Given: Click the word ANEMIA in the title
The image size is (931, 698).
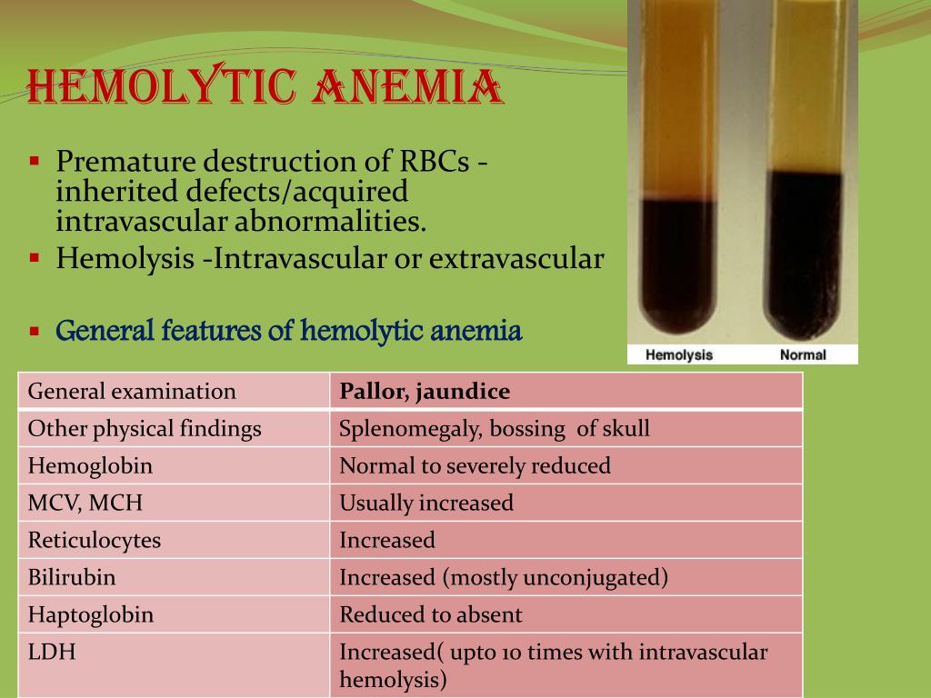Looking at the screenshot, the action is pos(407,86).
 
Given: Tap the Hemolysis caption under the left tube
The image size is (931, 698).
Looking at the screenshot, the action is pos(678,355).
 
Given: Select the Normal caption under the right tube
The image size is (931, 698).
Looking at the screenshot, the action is pos(803,355).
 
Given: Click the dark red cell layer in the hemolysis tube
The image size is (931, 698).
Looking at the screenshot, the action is pos(677,264).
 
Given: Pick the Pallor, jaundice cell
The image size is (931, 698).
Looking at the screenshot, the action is pos(425,391).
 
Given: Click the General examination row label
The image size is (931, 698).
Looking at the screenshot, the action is pos(132,391).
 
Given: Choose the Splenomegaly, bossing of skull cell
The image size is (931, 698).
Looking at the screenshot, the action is pos(495,429).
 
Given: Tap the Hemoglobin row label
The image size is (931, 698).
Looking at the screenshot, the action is pos(90,466).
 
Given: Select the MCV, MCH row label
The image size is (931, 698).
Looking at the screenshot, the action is pos(85,504).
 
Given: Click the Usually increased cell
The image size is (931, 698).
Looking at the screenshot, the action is pos(426,504).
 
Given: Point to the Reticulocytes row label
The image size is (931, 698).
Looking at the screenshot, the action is pos(95,541).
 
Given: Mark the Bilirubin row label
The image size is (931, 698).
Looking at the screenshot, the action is pos(72,577).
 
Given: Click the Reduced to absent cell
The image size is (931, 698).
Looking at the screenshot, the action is pos(431,615).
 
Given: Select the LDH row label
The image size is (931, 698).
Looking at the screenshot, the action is pos(52,653).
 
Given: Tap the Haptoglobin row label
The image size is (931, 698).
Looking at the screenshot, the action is pos(91,615).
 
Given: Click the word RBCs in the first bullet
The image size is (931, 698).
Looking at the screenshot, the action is pos(435,161).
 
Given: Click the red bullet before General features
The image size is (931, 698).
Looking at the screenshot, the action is pos(35,331).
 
